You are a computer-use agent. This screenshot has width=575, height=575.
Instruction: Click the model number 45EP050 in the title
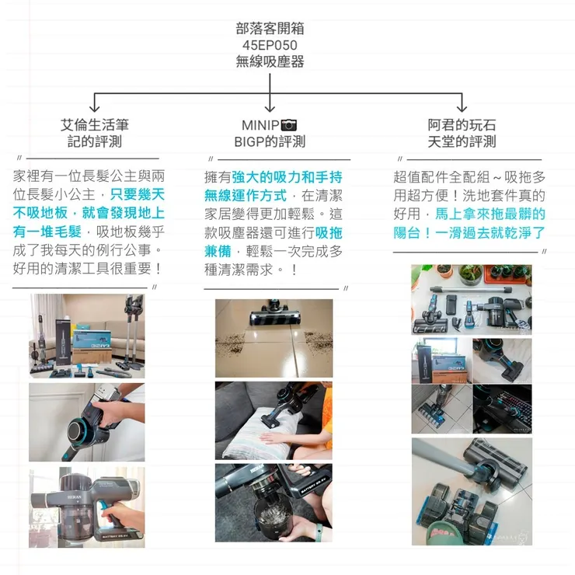click(x=270, y=45)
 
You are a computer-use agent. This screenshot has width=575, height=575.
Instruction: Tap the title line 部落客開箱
click(x=270, y=29)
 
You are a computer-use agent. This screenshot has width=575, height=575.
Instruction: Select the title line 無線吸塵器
click(x=270, y=61)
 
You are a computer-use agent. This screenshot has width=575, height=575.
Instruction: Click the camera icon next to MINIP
click(x=289, y=125)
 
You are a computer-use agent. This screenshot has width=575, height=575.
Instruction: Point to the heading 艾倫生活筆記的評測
click(x=95, y=133)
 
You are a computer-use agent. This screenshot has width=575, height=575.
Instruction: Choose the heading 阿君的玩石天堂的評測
click(x=462, y=133)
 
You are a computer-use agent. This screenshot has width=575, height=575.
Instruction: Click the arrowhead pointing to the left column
click(x=95, y=108)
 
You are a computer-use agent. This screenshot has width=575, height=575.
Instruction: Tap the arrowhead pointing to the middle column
click(x=270, y=108)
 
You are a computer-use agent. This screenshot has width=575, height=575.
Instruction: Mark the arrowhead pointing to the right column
click(x=462, y=108)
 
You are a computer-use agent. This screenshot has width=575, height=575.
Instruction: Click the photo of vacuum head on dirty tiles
click(x=274, y=338)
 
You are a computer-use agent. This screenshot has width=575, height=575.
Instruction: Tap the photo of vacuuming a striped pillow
click(x=274, y=420)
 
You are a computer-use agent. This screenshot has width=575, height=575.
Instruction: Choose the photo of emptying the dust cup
click(x=274, y=503)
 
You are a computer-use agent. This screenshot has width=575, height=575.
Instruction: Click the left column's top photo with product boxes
click(x=86, y=335)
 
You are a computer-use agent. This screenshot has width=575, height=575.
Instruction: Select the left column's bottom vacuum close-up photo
click(x=86, y=507)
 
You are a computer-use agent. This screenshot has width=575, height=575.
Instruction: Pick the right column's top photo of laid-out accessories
click(x=472, y=299)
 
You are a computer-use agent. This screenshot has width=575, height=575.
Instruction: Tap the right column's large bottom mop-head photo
click(x=472, y=491)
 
